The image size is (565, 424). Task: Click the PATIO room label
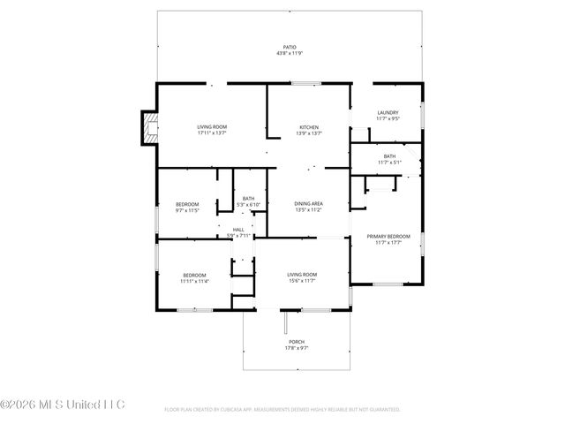click(290, 47)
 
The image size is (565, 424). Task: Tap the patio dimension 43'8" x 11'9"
click(290, 53)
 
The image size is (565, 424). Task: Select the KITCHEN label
click(309, 127)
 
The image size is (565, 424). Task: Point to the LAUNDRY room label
click(388, 112)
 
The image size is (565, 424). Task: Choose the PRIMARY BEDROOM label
click(388, 236)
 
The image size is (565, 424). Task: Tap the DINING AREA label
click(308, 204)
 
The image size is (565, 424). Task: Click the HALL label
click(239, 230)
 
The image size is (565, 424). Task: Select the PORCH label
click(297, 342)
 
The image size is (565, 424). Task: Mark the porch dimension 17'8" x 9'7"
click(297, 348)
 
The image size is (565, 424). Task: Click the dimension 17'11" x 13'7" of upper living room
click(212, 133)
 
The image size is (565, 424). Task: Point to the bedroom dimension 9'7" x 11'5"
click(186, 210)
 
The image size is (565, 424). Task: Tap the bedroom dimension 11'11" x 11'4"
click(194, 281)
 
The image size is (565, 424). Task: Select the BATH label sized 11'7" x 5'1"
click(389, 156)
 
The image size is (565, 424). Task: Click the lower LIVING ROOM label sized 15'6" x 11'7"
click(302, 275)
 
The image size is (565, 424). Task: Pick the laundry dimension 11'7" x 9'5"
click(388, 118)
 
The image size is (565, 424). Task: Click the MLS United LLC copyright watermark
click(63, 405)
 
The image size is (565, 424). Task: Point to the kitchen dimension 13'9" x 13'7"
click(309, 133)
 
